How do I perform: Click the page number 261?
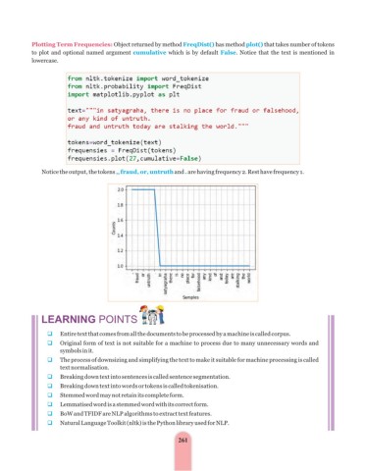click(x=183, y=439)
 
